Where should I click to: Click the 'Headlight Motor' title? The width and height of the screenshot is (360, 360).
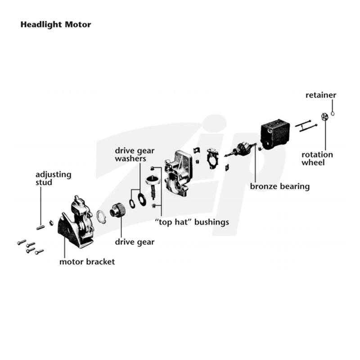pos(56,25)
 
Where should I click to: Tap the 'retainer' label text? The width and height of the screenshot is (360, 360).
pos(321,95)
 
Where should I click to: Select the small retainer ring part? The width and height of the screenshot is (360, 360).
pos(333,113)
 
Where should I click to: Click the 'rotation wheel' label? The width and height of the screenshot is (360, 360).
pos(317,158)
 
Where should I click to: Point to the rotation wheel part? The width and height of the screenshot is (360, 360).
pos(324,117)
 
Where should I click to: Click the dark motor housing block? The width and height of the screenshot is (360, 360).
pos(275,134)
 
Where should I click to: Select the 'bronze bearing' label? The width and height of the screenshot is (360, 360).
pos(279,186)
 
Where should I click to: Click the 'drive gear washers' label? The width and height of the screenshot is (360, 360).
pos(135,154)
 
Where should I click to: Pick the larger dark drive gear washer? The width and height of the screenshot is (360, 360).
pos(141,199)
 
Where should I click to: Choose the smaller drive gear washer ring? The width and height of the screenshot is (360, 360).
pos(132,203)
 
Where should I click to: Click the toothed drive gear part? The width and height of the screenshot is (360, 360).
pos(117,210)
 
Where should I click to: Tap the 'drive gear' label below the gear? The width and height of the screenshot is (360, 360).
pos(135,242)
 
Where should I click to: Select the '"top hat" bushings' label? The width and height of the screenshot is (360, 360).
pos(192,222)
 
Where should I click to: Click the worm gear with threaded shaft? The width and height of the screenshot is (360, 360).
pos(153,186)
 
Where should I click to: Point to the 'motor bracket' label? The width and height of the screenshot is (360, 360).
pos(87,262)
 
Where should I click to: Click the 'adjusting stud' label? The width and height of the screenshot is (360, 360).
pos(53,178)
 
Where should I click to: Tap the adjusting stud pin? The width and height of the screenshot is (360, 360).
pos(40,228)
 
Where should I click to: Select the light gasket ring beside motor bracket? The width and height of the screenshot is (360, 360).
pos(101,216)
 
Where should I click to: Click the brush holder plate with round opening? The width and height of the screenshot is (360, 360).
pos(212,158)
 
